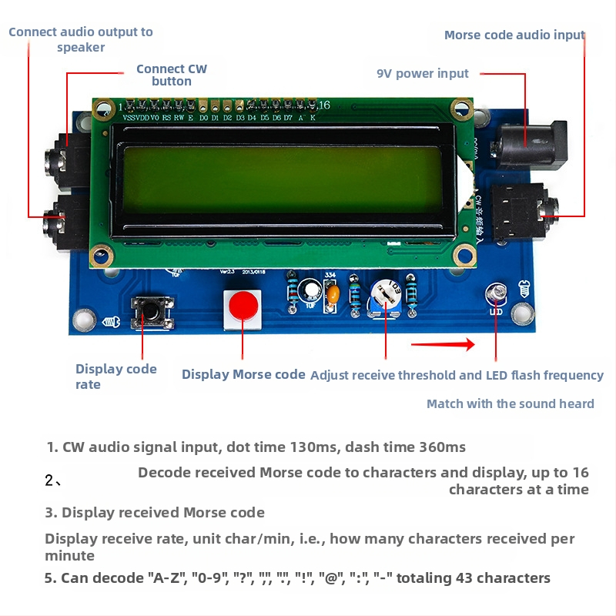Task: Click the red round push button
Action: tap(242, 306)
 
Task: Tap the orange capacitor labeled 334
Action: tap(332, 293)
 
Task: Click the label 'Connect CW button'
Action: tap(172, 75)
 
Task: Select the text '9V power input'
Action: tap(422, 74)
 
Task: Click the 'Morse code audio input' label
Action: tap(514, 35)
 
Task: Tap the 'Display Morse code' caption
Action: tap(243, 375)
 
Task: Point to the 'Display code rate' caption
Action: tap(115, 377)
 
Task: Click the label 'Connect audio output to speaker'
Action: tap(81, 39)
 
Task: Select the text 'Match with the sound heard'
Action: tap(510, 403)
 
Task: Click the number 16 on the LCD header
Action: tap(324, 105)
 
